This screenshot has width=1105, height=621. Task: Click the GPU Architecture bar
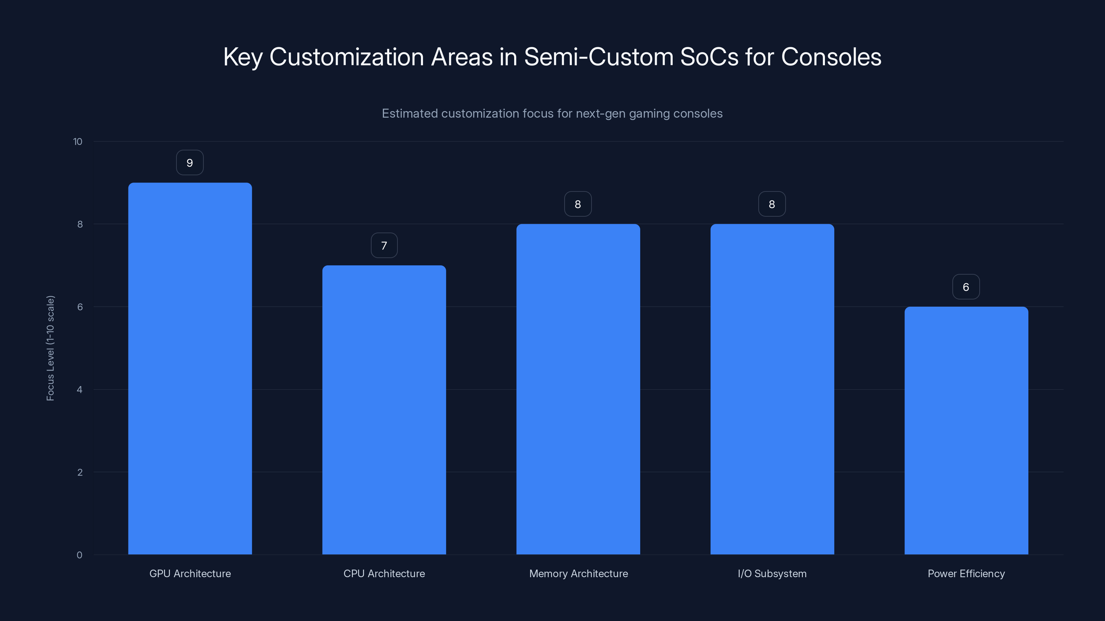coord(190,368)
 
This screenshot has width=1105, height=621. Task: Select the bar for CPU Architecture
coord(384,410)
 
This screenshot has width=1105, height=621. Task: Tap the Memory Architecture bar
coord(578,389)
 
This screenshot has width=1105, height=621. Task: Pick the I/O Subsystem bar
coord(772,389)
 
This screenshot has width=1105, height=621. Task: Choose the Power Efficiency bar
coord(966,430)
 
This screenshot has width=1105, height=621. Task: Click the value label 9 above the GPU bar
coord(190,163)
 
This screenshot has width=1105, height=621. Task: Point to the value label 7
coord(384,246)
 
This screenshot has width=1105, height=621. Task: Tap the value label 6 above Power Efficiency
coord(965,287)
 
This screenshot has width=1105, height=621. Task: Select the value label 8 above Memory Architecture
coord(578,205)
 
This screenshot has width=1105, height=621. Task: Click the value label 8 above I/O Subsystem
coord(772,205)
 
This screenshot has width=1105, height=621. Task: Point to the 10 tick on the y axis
coord(78,142)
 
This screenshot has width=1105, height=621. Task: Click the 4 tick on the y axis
coord(79,390)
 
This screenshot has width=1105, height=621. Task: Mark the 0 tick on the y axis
coord(79,555)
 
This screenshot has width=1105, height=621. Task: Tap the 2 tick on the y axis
coord(80,473)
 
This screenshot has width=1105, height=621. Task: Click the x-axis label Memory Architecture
coord(578,574)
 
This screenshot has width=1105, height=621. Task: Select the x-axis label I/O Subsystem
coord(772,574)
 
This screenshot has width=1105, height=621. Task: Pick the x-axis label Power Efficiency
coord(966,574)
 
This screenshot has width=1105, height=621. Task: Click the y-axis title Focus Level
coord(51,348)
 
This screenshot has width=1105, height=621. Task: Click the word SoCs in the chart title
coord(709,57)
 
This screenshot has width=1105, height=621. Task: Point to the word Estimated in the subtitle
coord(410,114)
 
